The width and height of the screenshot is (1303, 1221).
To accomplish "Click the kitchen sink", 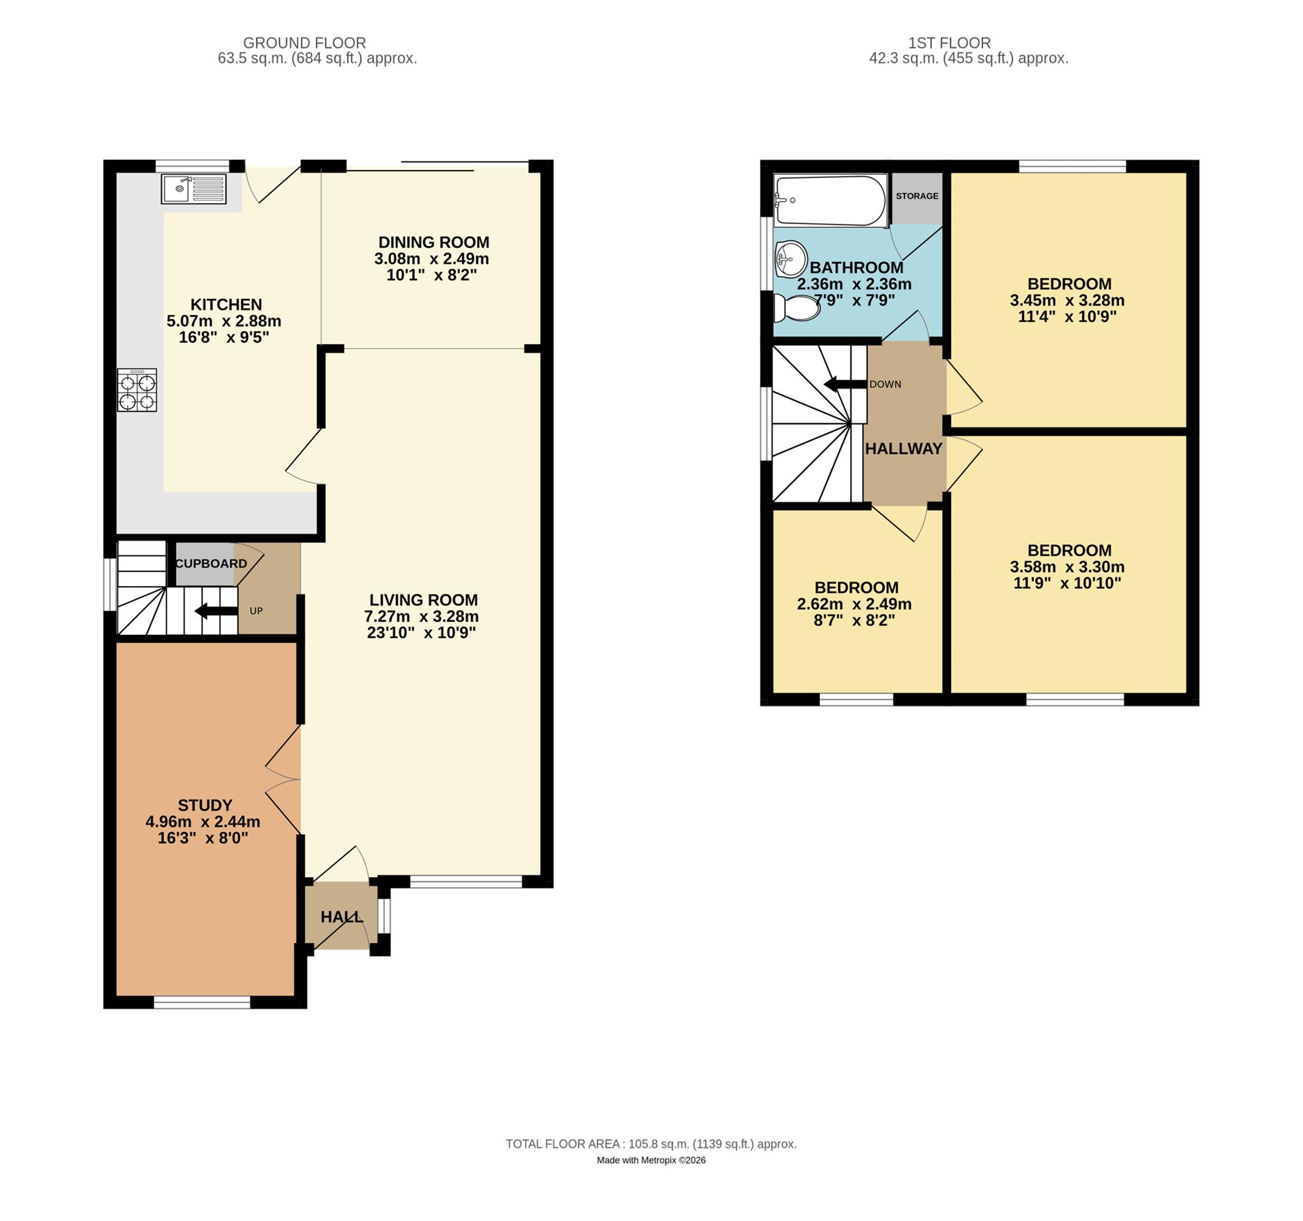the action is pos(193,189).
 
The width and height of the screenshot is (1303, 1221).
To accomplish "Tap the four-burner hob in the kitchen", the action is pos(137,390).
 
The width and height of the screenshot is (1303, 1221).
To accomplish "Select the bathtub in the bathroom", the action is pos(830,200).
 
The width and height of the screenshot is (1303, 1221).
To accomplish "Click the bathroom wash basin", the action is pos(791,259).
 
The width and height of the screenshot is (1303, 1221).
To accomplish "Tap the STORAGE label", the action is pos(917,196).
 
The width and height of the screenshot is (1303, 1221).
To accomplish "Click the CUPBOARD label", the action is pos(211,564).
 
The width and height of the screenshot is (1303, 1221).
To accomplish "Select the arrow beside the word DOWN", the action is pos(846,384).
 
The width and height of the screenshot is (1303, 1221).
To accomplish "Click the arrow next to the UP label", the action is pos(216,611).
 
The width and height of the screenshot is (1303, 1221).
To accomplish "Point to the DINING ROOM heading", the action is pos(434,242).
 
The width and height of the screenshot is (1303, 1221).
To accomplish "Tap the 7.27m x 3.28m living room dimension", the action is pos(422,617).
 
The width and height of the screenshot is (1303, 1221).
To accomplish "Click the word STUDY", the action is pos(205,805).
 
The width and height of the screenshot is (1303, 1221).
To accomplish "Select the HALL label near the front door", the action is pos(342,917).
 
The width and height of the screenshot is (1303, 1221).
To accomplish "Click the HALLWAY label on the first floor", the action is pos(903,448).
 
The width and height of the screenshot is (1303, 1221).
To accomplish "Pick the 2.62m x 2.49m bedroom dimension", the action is pos(854,604).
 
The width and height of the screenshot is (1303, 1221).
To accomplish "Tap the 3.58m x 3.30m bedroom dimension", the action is pos(1067,567).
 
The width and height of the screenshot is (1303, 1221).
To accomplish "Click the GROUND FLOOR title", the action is pos(305,43).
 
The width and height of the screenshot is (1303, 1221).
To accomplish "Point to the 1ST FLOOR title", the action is pos(949,43).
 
